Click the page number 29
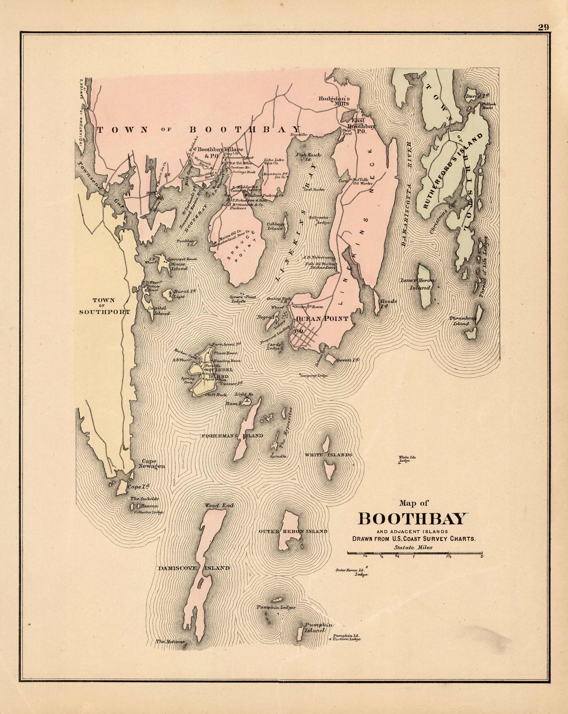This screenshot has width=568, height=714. pos(543,27)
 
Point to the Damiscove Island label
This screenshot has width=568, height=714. pos(194,568)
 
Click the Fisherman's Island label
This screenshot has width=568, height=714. pos(232,436)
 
